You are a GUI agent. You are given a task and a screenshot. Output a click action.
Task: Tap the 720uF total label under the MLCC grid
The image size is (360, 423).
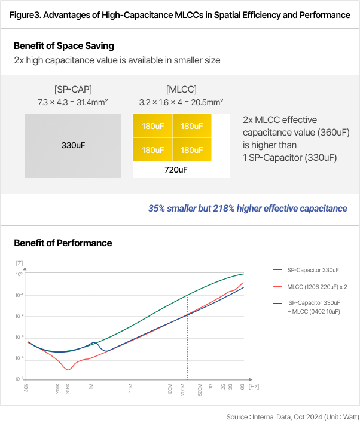click(x=176, y=170)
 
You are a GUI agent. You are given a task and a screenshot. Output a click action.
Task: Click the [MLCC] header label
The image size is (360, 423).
click(x=181, y=89)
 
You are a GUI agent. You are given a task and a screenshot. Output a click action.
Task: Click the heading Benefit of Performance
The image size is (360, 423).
click(x=63, y=243)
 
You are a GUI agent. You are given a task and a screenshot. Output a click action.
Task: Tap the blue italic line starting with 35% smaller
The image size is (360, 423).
click(x=248, y=208)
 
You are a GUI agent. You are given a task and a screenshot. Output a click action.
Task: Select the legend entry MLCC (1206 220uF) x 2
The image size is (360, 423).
click(x=318, y=287)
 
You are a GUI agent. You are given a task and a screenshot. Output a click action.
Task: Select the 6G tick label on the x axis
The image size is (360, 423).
click(x=242, y=387)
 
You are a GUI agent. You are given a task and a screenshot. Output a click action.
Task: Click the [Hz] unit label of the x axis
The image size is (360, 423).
click(x=254, y=387)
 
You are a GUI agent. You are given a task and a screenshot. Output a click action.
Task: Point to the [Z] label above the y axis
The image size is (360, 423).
click(x=20, y=263)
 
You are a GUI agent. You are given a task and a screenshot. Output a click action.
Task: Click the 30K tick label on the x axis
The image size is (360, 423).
click(x=26, y=389)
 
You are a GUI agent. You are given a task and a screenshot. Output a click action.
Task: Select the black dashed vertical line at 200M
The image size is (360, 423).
click(x=188, y=347)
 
